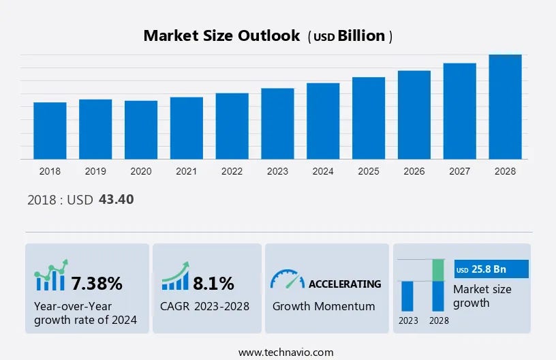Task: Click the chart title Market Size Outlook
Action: click(221, 36)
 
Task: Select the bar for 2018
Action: click(50, 130)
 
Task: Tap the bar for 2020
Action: click(141, 130)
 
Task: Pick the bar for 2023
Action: click(277, 123)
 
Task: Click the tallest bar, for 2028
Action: click(505, 107)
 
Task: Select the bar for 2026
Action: click(414, 115)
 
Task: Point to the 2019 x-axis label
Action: click(95, 171)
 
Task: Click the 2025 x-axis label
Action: click(369, 171)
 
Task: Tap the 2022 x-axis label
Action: click(232, 171)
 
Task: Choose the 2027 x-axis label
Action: click(460, 171)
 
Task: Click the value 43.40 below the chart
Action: click(116, 200)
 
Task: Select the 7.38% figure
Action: click(97, 283)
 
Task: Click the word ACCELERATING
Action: click(345, 284)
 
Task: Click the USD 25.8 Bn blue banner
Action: click(491, 269)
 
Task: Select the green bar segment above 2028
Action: click(439, 270)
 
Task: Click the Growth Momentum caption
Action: click(324, 306)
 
